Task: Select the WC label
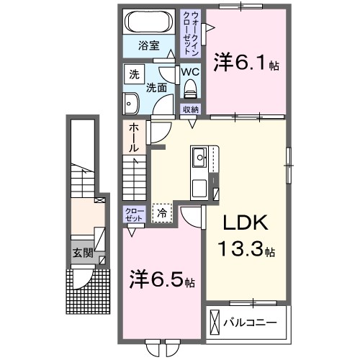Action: point(190,73)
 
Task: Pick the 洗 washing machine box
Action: point(134,73)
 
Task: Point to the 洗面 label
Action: point(157,88)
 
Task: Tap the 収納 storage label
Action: point(190,109)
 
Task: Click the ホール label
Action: point(135,137)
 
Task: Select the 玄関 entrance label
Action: point(81,253)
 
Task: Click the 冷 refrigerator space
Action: point(163,212)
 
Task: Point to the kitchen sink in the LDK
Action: point(199,156)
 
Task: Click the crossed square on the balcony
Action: point(215,320)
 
